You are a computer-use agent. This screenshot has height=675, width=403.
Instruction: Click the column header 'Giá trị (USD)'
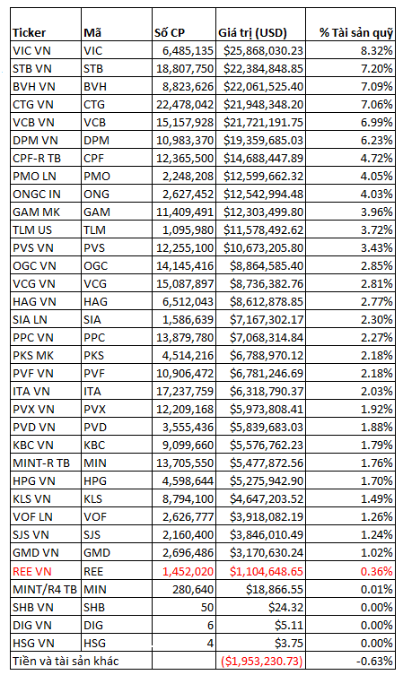point(252,33)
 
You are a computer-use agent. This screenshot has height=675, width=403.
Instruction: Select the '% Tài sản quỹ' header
point(356,33)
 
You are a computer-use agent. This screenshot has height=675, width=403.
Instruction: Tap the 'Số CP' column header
point(170,33)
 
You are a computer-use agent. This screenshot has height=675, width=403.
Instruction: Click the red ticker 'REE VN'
point(32,571)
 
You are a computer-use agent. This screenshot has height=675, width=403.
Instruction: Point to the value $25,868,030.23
point(263,51)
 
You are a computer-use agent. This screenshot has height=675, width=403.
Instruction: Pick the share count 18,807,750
point(185,69)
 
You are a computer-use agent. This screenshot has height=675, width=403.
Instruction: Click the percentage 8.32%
point(377,51)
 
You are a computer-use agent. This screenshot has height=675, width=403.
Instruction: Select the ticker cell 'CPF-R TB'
point(37,159)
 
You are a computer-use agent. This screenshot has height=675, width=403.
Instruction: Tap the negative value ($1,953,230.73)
point(261,661)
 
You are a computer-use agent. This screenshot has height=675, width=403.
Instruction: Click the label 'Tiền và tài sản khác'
point(66,661)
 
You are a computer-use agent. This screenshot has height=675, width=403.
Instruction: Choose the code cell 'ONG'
point(97,195)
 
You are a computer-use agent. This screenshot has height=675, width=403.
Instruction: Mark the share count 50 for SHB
point(207,608)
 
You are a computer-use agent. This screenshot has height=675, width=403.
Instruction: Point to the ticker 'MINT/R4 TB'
point(45,589)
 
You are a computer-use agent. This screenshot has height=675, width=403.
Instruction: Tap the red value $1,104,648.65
point(267,571)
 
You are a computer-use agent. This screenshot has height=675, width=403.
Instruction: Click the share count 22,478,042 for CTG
point(185,105)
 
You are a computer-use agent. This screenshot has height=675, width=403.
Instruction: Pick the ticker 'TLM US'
point(32,229)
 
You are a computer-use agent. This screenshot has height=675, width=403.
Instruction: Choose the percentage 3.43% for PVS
point(377,248)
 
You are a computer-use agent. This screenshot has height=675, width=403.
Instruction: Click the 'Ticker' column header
point(29,33)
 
